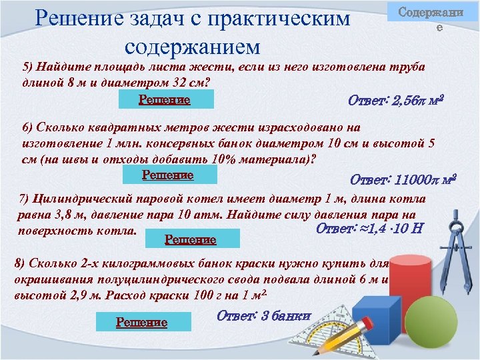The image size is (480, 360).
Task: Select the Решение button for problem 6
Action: (x=171, y=175)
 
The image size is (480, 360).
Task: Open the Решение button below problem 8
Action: (x=141, y=322)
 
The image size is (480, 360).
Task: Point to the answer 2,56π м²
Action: (x=396, y=101)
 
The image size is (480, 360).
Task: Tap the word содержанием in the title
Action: (x=191, y=47)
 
